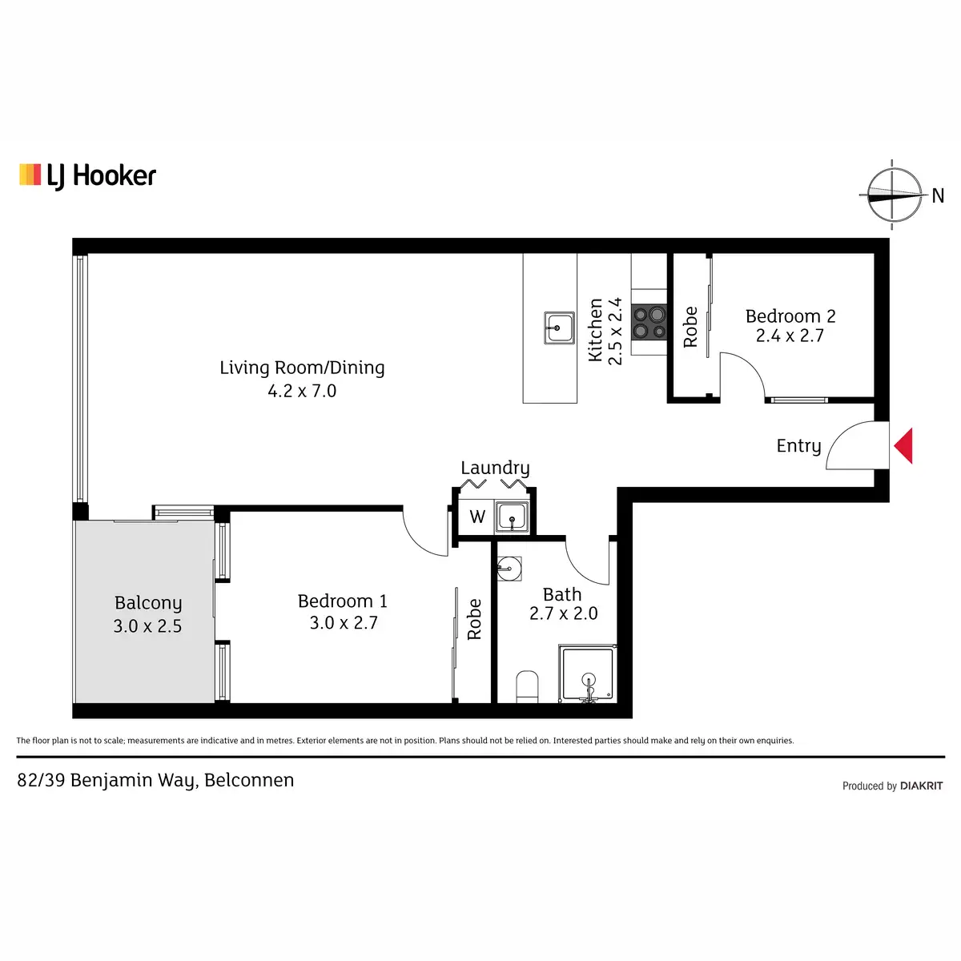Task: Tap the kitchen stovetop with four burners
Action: tap(649, 322)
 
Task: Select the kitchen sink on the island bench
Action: tap(559, 328)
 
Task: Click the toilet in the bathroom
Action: tap(527, 686)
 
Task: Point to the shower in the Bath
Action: tap(588, 674)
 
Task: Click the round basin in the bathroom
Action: tap(509, 569)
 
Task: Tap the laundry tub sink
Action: tap(512, 517)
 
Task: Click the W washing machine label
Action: tap(477, 517)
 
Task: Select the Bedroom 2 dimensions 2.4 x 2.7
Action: tap(790, 336)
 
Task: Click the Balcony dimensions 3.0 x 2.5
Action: tap(147, 626)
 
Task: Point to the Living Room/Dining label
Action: tap(302, 368)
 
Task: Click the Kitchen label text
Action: tap(596, 330)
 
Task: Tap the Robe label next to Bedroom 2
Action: tap(690, 328)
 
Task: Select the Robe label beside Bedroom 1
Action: tap(474, 619)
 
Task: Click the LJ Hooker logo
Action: tap(87, 176)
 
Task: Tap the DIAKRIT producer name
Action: tap(922, 786)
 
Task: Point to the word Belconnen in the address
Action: tap(249, 780)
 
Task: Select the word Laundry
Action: tap(495, 468)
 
